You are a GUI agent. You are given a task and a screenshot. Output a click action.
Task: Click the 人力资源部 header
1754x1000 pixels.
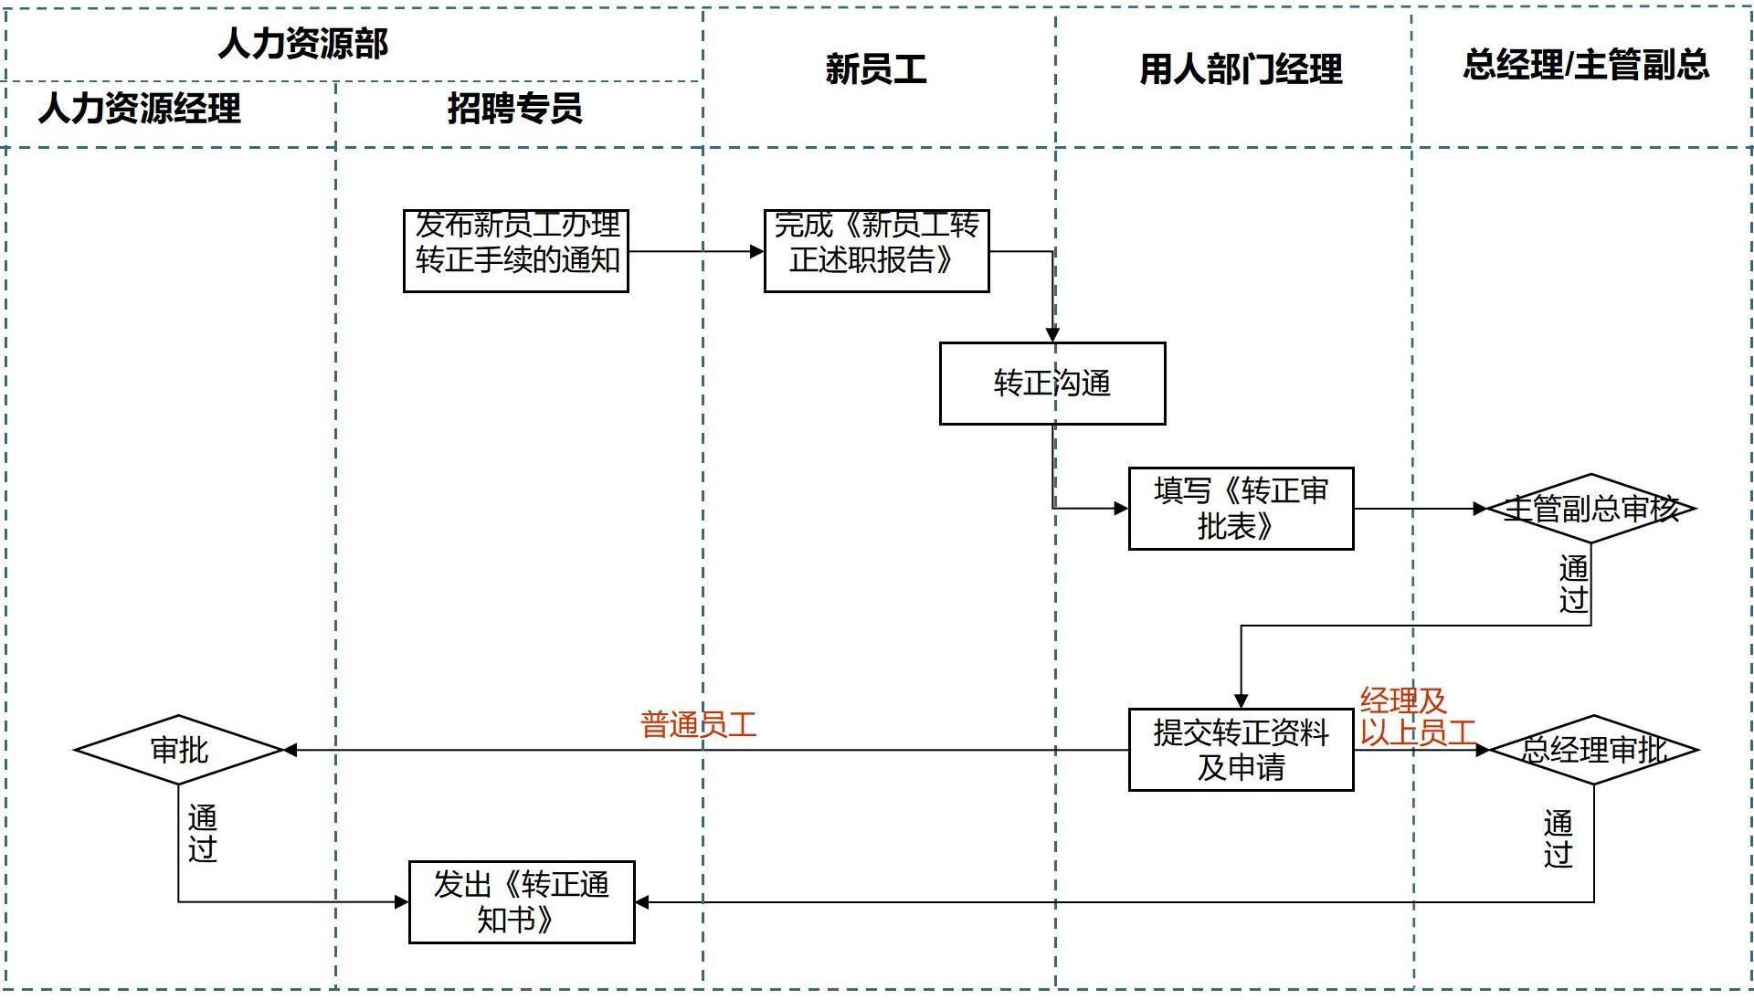coord(303,44)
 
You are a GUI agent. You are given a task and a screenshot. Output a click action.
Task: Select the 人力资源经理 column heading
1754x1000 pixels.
coord(140,109)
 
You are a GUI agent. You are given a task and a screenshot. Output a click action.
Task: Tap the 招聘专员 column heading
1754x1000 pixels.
coord(514,109)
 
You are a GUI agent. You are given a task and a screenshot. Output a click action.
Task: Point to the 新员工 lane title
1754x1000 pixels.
coord(875,69)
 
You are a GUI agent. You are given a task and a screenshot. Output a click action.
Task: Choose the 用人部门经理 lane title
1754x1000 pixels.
coord(1241,69)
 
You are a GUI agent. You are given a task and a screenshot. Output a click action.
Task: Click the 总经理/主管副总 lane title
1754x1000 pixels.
coord(1585,65)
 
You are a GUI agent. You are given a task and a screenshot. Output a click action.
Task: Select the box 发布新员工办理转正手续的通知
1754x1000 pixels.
coord(516,250)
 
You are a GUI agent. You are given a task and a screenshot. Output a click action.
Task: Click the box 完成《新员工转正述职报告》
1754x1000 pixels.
coord(876,250)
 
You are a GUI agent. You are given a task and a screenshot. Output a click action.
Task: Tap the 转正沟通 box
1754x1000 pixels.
coord(1052,384)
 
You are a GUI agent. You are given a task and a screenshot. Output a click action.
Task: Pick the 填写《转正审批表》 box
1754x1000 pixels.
coord(1241,509)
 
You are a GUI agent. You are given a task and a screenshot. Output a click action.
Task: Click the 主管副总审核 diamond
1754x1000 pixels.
coord(1590,509)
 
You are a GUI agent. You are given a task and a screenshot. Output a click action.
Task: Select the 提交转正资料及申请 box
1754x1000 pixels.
coord(1241,750)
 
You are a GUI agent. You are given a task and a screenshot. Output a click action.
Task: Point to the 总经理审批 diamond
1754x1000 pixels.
coord(1594,750)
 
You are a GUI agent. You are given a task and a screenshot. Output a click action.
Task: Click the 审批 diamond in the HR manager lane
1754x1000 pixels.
coord(179,750)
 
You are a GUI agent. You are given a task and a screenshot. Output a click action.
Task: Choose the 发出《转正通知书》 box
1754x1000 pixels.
coord(521,901)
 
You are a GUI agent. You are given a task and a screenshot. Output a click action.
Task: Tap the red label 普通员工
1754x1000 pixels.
coord(699,726)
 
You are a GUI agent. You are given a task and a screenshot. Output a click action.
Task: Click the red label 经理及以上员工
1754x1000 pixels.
coord(1416,717)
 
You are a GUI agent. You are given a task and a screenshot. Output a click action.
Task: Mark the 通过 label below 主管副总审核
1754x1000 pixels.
coord(1573,584)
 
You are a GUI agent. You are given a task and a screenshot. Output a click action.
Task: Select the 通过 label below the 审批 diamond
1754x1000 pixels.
coord(202,833)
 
